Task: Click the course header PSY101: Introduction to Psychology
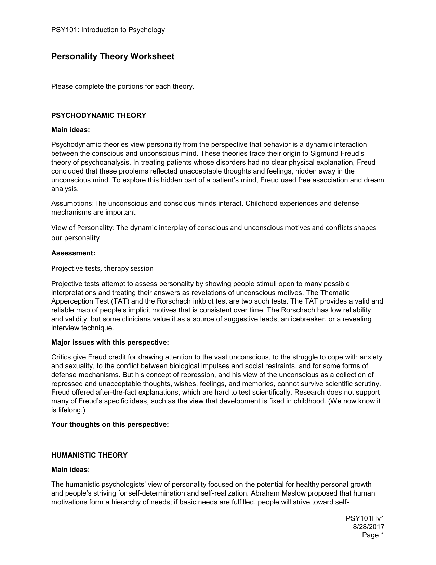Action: click(108, 30)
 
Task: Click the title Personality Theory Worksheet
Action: click(113, 56)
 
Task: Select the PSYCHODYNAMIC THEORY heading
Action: click(98, 116)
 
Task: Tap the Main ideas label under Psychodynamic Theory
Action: click(70, 130)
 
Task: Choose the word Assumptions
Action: click(72, 204)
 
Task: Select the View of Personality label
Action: click(82, 228)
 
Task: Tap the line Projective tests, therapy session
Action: click(102, 269)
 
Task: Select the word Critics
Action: click(61, 357)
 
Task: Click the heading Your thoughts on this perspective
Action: click(110, 425)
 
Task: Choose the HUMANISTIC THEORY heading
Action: click(89, 455)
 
